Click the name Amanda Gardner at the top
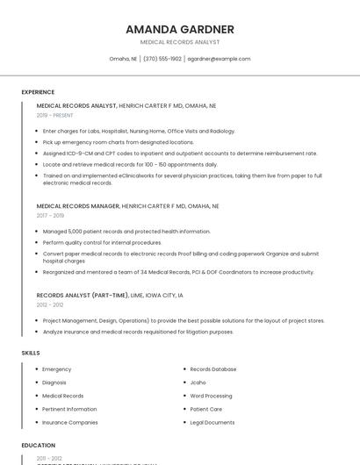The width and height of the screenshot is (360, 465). pyautogui.click(x=180, y=29)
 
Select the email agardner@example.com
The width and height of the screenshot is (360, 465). pyautogui.click(x=219, y=59)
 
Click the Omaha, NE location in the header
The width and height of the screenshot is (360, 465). pyautogui.click(x=123, y=59)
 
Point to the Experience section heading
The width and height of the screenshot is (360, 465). pyautogui.click(x=38, y=92)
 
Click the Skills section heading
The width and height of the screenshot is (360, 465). pyautogui.click(x=31, y=353)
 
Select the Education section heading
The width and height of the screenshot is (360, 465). pyautogui.click(x=39, y=445)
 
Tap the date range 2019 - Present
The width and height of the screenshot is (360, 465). pyautogui.click(x=54, y=115)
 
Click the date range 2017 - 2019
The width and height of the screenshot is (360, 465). pyautogui.click(x=50, y=215)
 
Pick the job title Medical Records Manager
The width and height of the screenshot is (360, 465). pyautogui.click(x=77, y=205)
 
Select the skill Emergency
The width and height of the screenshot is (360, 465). pyautogui.click(x=57, y=369)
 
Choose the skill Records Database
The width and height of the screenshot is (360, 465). pyautogui.click(x=213, y=369)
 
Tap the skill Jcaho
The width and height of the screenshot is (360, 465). pyautogui.click(x=198, y=383)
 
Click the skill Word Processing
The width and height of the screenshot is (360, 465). pyautogui.click(x=211, y=396)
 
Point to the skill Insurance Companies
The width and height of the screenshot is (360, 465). pyautogui.click(x=70, y=422)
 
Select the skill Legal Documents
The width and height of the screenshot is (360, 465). pyautogui.click(x=212, y=422)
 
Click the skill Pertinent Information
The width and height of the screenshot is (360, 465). pyautogui.click(x=69, y=409)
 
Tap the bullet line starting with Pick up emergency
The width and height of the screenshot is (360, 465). pyautogui.click(x=118, y=141)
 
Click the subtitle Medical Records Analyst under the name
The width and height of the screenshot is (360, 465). pyautogui.click(x=180, y=42)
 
